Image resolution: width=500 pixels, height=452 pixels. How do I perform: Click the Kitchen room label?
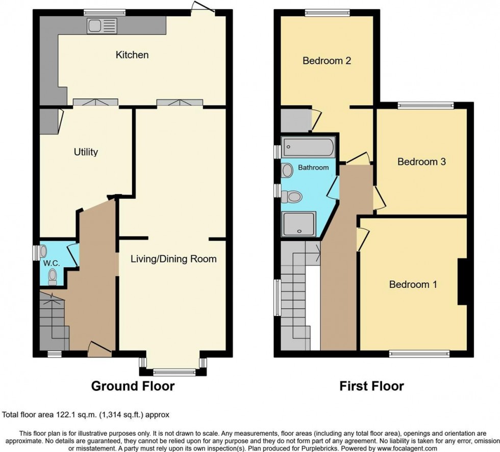point(132,55)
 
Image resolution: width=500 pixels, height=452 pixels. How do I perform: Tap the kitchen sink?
point(102,25)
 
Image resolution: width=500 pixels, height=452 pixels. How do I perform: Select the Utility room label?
point(86,152)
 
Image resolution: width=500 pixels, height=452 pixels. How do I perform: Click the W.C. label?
point(50,263)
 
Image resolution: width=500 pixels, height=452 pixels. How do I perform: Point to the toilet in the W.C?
point(52,276)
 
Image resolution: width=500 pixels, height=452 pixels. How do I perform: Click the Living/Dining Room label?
point(173,259)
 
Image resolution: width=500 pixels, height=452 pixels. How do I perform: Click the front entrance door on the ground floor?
point(99,349)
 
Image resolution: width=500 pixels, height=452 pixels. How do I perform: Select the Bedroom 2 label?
point(327,61)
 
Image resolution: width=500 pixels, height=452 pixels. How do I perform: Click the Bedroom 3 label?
point(422,162)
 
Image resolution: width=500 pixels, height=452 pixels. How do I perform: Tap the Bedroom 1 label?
point(413,284)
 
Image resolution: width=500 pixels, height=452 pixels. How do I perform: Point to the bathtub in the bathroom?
point(309,148)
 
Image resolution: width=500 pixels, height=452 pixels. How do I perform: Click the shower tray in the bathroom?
point(299,225)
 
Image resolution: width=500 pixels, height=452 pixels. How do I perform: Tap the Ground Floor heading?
point(133,386)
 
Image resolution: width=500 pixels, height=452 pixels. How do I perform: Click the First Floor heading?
point(371,386)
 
